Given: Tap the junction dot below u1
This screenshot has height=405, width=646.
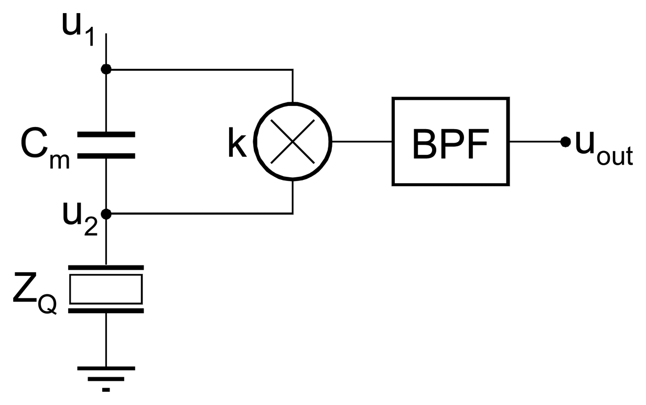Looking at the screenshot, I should tap(106, 69).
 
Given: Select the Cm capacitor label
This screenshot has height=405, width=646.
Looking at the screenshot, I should tap(45, 146).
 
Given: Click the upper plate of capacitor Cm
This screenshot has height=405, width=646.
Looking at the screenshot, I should tap(106, 135).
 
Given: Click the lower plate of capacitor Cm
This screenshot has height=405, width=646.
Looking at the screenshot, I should tap(106, 155).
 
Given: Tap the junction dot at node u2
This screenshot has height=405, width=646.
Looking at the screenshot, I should tap(106, 214).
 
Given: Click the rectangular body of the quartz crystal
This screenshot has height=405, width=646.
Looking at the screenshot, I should tap(106, 289).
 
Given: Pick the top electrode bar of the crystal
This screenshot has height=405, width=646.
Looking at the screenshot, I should tap(106, 268).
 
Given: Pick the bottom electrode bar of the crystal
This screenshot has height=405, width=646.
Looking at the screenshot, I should tap(106, 310).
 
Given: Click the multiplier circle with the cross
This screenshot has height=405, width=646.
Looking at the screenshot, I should tap(293, 141).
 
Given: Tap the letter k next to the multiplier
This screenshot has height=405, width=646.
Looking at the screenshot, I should tap(237, 144).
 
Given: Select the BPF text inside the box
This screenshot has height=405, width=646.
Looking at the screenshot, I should tap(450, 143).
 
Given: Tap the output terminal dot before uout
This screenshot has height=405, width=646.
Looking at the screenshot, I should tap(565, 142).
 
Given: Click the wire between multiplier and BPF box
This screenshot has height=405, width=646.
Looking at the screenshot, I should tap(362, 142).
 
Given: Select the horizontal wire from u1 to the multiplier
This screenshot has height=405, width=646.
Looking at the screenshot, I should tap(199, 69).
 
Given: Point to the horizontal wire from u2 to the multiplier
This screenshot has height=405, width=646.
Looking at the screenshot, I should tap(199, 214).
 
